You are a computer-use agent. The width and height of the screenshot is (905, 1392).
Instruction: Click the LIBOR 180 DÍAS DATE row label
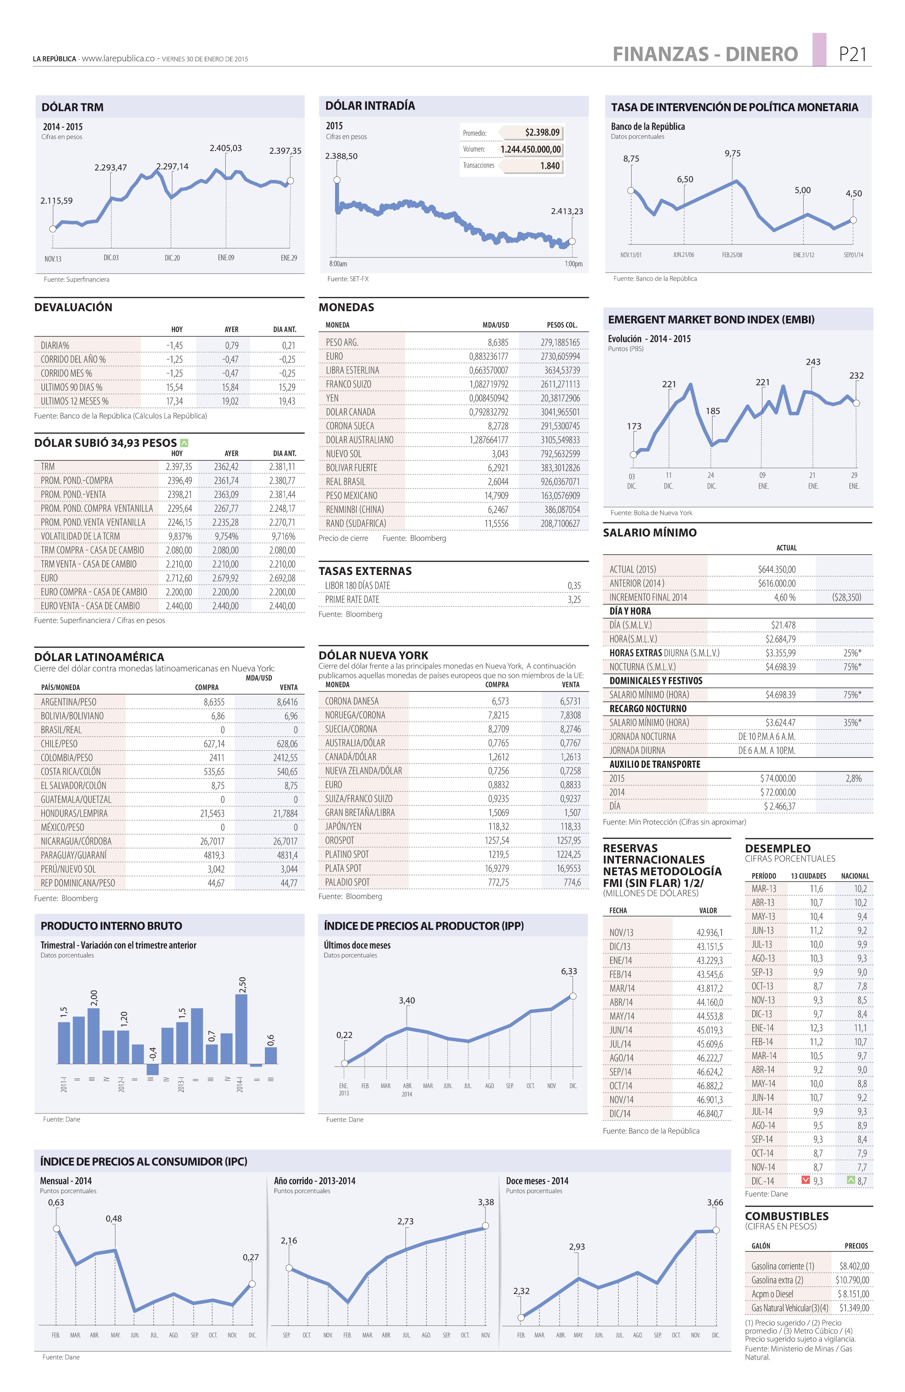pos(357,586)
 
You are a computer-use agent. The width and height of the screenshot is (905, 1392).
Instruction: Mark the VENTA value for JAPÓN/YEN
pos(570,827)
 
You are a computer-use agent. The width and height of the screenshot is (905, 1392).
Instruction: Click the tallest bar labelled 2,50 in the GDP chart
pos(241,1029)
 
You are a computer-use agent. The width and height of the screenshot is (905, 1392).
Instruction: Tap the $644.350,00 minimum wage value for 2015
pos(776,569)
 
